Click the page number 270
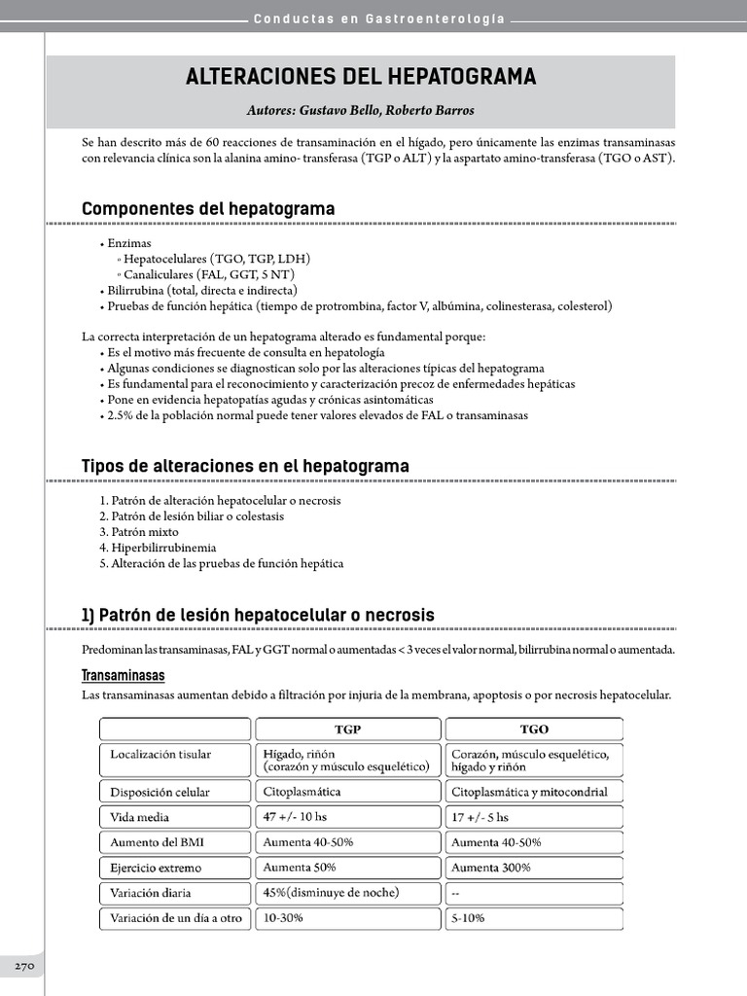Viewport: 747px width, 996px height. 24,966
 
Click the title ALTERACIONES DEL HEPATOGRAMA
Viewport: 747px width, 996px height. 361,77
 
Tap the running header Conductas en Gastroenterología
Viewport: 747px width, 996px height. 379,19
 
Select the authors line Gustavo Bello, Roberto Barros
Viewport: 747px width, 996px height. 361,111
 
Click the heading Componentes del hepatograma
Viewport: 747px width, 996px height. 208,209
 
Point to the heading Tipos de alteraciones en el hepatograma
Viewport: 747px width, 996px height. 245,466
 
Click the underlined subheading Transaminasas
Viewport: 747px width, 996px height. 123,675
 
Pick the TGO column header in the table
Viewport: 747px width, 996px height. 533,729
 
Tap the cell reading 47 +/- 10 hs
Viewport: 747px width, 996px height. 296,817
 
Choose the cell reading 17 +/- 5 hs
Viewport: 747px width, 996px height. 480,817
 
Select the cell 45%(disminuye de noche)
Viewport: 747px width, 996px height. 331,892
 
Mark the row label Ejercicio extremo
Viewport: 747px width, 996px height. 160,868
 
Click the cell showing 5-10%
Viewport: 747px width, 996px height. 468,917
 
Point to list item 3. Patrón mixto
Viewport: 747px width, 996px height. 139,532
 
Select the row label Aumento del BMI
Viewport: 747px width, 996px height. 157,842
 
